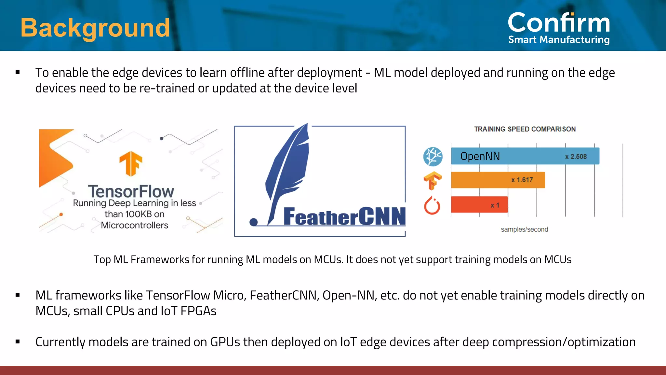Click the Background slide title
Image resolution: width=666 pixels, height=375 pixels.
click(95, 28)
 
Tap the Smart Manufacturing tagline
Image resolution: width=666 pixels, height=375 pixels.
click(559, 40)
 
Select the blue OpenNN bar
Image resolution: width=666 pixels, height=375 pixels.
click(525, 156)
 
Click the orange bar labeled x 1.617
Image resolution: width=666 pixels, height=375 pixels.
click(498, 180)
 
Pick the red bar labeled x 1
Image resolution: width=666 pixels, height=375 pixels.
click(479, 205)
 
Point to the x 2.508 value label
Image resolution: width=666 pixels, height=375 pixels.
click(576, 157)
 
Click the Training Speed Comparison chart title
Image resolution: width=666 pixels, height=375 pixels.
click(525, 129)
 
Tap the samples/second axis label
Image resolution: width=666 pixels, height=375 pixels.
click(524, 229)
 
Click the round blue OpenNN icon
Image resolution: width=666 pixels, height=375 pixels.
click(433, 157)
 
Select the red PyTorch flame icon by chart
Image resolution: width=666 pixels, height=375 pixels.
click(432, 205)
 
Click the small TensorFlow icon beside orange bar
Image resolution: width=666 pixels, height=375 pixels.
click(433, 181)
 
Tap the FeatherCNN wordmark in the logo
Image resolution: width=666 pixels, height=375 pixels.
click(344, 216)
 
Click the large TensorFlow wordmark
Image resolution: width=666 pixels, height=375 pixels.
click(131, 191)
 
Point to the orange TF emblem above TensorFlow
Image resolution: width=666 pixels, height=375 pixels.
click(131, 163)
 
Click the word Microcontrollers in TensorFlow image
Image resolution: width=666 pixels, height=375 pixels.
click(134, 225)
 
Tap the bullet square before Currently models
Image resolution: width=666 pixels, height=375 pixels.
click(18, 342)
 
